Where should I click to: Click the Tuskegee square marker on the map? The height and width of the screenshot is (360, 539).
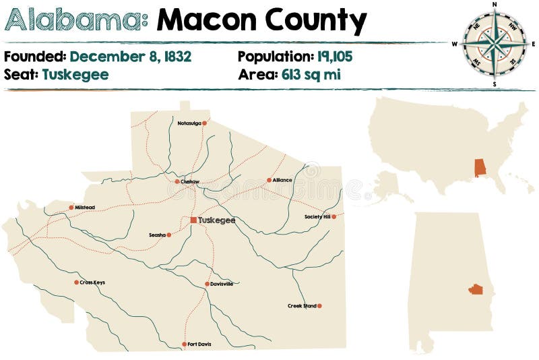193,220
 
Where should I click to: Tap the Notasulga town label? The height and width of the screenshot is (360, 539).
189,123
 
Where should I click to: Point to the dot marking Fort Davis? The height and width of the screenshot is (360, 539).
184,344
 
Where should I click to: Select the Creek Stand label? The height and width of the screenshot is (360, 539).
301,306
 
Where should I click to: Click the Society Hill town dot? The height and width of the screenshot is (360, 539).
334,216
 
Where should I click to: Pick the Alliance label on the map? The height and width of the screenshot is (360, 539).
282,180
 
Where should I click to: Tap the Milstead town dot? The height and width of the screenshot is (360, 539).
71,208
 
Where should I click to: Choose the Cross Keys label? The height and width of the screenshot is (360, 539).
92,282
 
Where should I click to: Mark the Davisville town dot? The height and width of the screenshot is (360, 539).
208,284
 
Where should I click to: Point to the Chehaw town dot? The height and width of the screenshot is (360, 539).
177,181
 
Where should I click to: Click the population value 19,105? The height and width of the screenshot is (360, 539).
335,56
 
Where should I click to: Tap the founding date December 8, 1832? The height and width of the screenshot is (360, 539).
131,56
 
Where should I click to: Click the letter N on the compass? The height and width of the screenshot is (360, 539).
495,4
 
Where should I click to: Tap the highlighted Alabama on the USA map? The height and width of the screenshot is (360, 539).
480,168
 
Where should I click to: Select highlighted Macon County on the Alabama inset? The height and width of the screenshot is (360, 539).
476,289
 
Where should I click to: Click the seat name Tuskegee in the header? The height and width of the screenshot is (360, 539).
75,74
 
